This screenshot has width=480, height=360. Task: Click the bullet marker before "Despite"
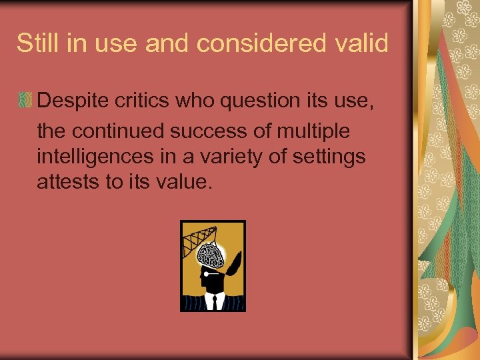point(25,101)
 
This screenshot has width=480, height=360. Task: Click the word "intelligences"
point(97,157)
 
